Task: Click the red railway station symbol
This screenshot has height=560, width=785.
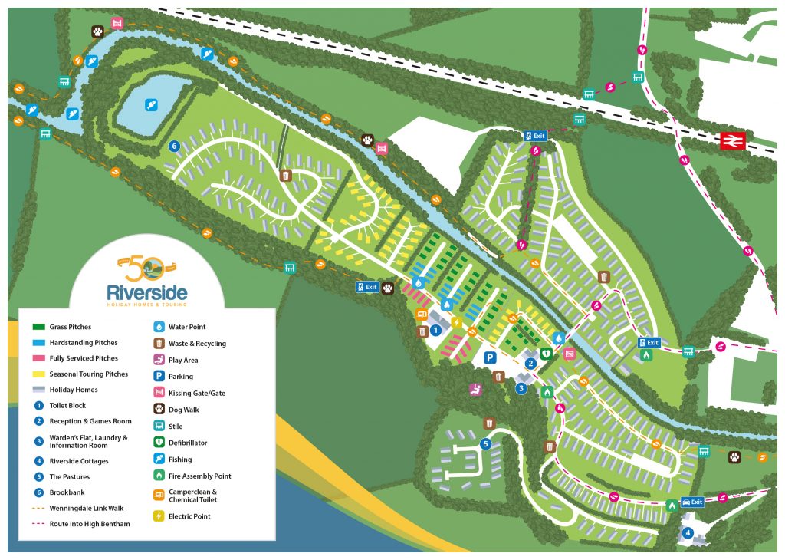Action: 733,140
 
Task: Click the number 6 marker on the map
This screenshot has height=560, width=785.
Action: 175,146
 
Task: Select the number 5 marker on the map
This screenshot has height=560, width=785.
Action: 484,443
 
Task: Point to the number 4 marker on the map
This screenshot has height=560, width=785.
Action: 688,532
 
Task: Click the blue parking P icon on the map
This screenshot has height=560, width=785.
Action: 488,357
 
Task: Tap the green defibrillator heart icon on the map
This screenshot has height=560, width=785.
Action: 546,353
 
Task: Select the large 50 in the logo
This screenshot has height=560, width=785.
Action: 143,268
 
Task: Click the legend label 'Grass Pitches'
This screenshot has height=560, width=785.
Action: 71,327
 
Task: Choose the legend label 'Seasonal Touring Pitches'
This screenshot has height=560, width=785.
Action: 89,374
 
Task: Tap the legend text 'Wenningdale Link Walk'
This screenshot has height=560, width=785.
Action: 86,508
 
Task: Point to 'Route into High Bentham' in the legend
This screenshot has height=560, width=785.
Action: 90,523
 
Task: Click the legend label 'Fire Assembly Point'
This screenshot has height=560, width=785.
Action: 199,476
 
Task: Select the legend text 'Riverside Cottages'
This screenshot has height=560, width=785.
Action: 79,461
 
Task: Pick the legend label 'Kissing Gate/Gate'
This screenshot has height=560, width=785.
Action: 197,393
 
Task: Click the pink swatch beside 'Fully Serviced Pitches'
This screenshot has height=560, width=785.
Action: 39,358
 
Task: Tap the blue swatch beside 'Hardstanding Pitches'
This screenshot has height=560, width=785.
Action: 39,343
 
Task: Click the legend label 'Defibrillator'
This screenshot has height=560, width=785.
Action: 188,443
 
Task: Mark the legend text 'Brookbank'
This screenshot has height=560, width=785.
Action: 67,492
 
